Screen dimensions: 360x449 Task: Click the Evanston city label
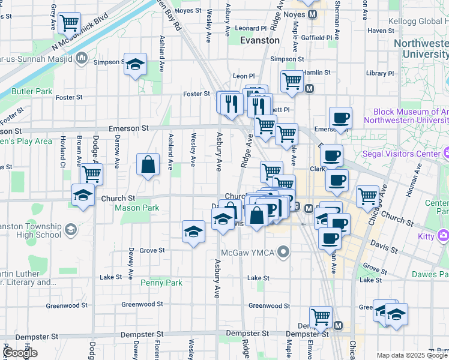(x=259, y=40)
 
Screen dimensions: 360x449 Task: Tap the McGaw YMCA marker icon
(x=286, y=252)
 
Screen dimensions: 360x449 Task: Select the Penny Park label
(x=161, y=283)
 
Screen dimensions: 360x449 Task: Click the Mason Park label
(x=137, y=208)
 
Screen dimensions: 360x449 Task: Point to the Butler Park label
(x=31, y=91)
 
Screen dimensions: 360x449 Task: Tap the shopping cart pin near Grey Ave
(x=70, y=23)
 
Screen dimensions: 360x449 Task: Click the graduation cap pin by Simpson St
(x=136, y=64)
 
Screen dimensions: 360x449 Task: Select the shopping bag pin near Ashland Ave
(x=148, y=164)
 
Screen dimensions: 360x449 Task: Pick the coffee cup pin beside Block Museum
(x=340, y=118)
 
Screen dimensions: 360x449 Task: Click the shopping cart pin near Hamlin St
(x=292, y=80)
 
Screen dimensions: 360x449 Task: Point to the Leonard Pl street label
(x=250, y=28)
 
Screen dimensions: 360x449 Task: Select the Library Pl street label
(x=379, y=73)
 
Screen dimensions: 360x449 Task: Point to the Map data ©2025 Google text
(x=412, y=355)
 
